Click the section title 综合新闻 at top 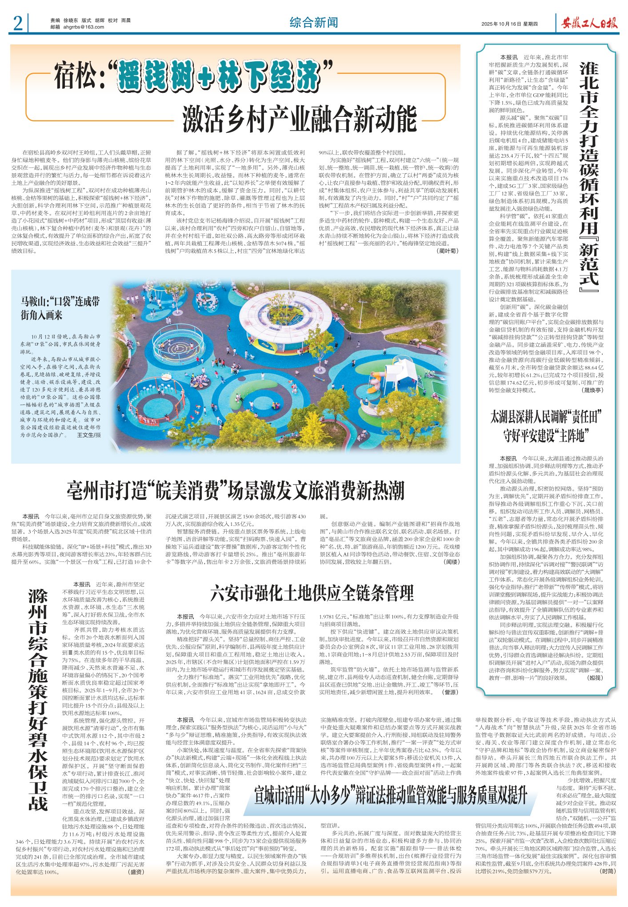[314, 23]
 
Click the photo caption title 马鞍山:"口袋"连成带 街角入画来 [60, 308]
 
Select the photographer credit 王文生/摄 [89, 435]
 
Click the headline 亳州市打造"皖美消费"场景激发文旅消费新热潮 [236, 490]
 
